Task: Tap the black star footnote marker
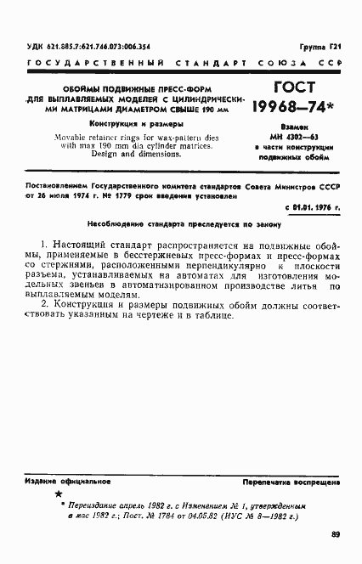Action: (x=58, y=493)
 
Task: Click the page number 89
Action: (x=335, y=534)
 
